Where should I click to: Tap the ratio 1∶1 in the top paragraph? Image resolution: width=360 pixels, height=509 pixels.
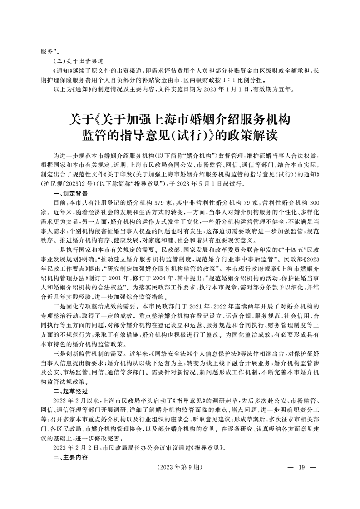(x=249, y=79)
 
